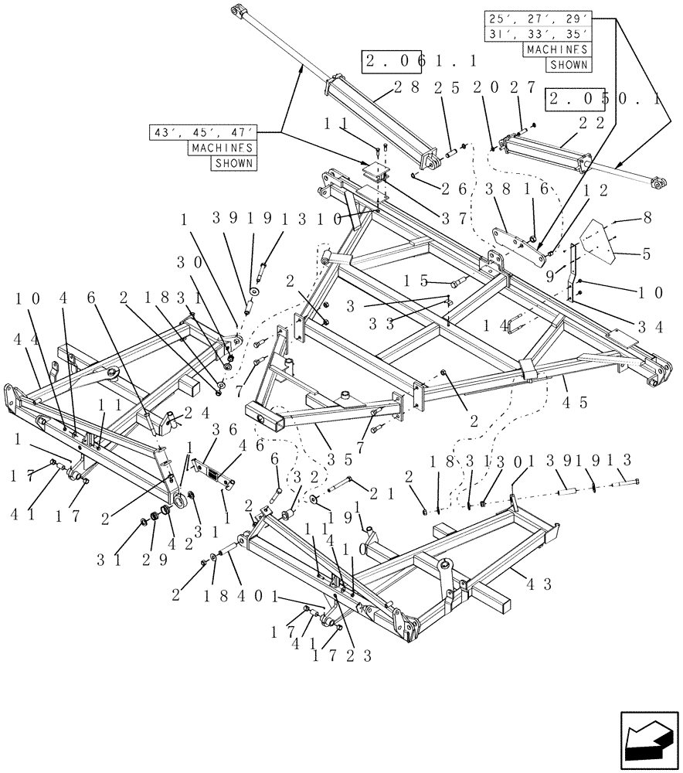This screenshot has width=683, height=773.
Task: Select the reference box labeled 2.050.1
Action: pyautogui.click(x=593, y=99)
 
